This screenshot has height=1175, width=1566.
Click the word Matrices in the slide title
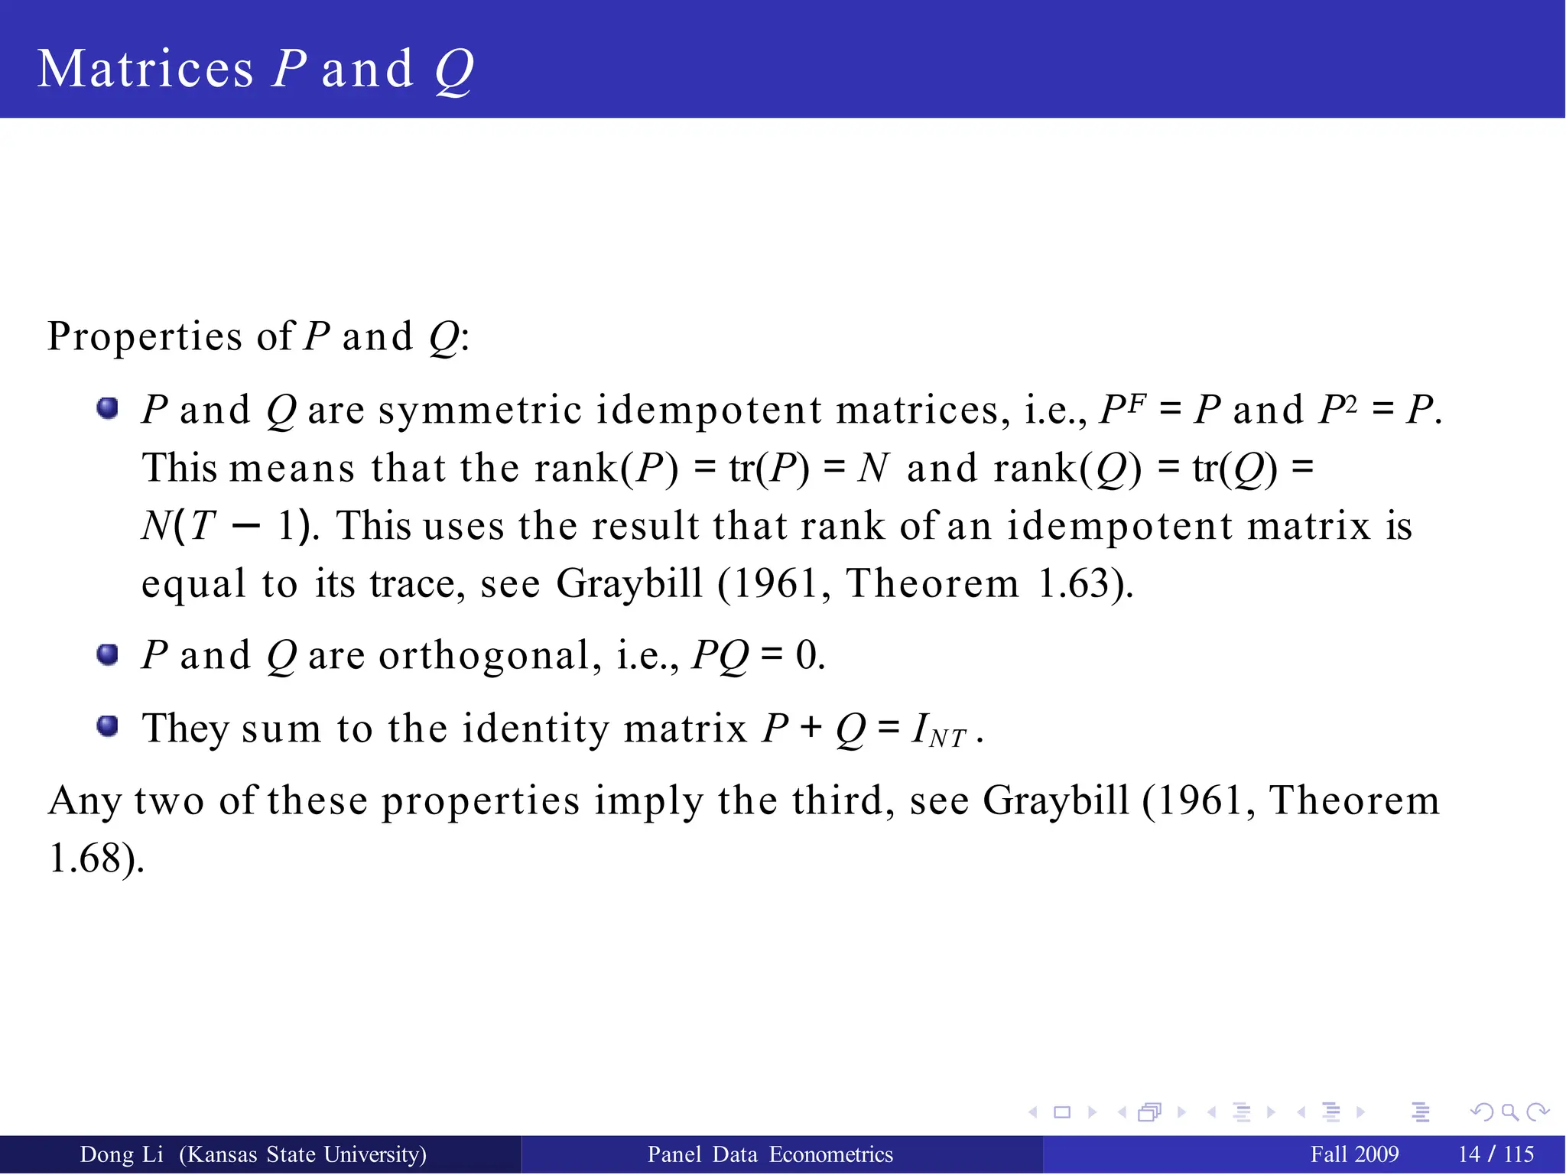pyautogui.click(x=145, y=70)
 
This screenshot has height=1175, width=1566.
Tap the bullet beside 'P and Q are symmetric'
pyautogui.click(x=108, y=408)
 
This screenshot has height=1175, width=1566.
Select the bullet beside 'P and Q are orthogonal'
pyautogui.click(x=108, y=654)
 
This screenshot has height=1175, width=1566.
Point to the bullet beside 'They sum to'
pyautogui.click(x=108, y=725)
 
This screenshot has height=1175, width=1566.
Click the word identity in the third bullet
pyautogui.click(x=534, y=728)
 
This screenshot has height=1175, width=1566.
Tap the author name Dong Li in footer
pyautogui.click(x=122, y=1154)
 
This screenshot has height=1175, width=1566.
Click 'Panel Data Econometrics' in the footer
pyautogui.click(x=770, y=1154)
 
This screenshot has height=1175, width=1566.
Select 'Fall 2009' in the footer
pyautogui.click(x=1354, y=1154)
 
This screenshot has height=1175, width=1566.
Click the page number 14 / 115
pyautogui.click(x=1496, y=1154)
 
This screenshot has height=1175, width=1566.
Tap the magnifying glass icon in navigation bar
pyautogui.click(x=1509, y=1112)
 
